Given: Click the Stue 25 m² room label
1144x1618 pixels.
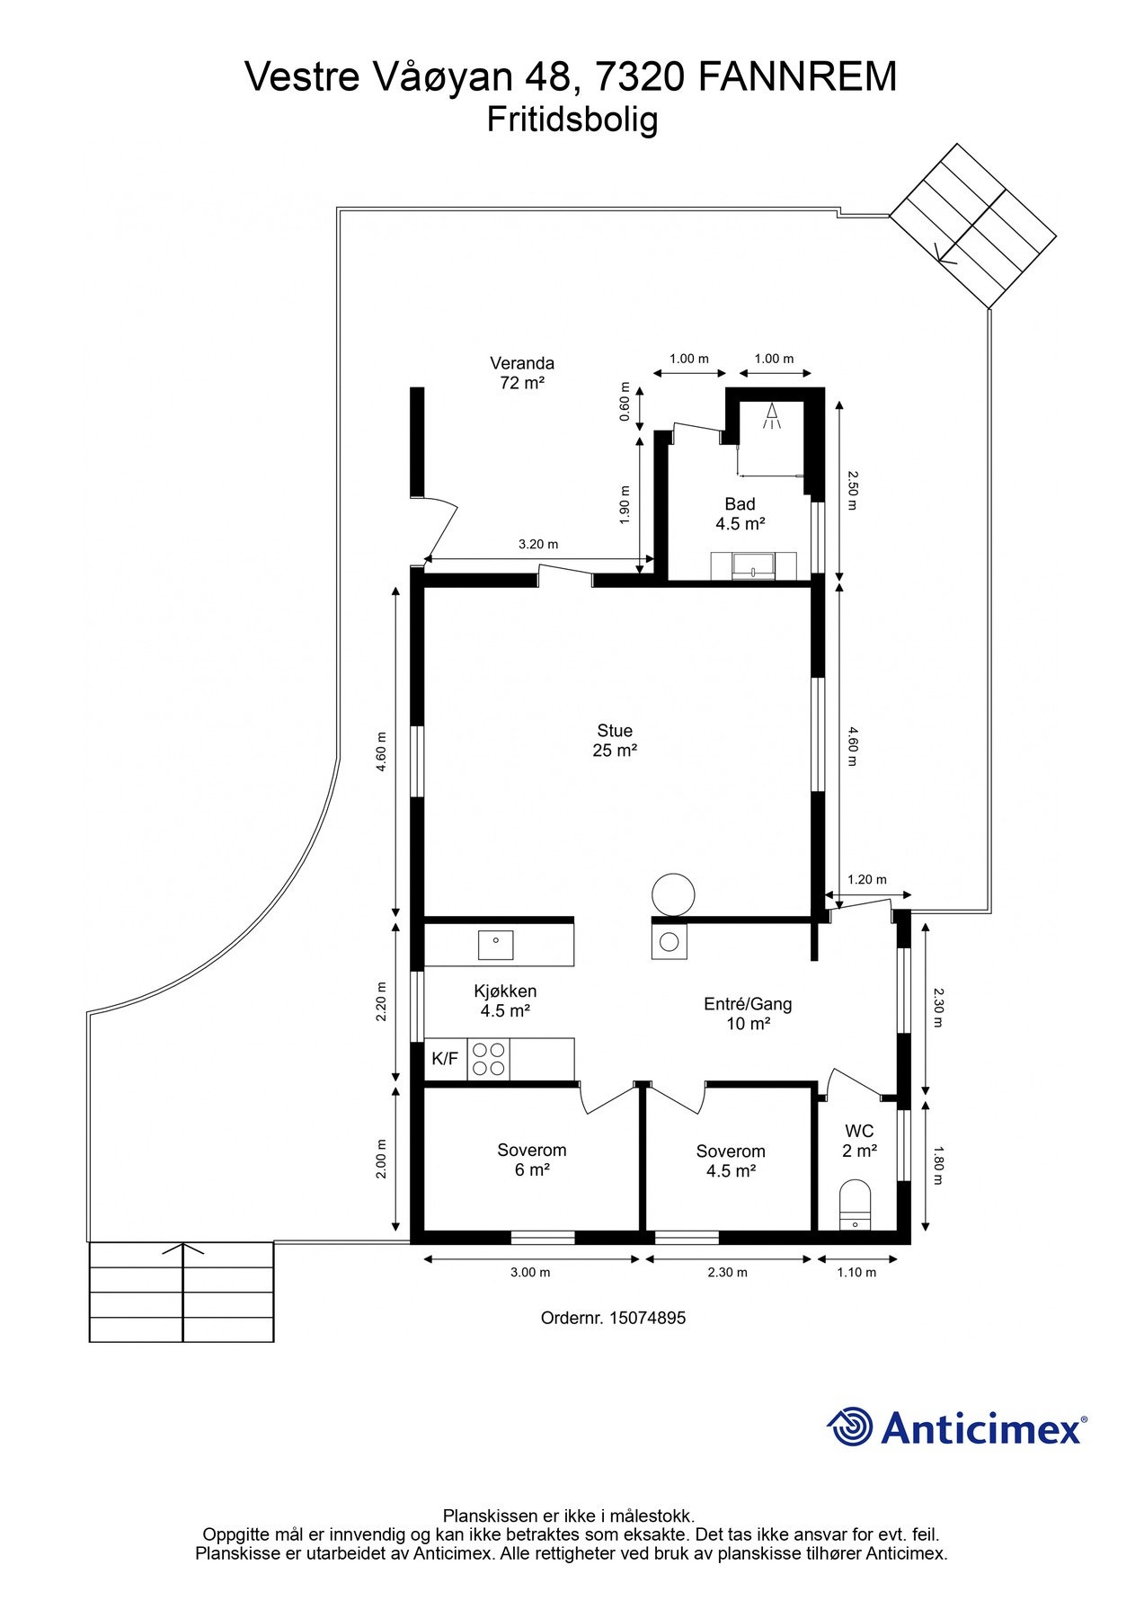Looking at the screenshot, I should (x=614, y=741).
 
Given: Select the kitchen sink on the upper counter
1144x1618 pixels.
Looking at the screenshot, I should (x=495, y=945).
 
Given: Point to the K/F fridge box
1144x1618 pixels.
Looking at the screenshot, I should (x=445, y=1059).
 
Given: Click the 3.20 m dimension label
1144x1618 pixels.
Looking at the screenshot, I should (x=538, y=544).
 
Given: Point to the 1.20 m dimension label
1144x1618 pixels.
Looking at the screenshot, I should (x=867, y=879).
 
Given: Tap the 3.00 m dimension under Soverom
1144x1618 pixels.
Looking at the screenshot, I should (x=530, y=1272).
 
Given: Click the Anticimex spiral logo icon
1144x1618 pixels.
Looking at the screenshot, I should (x=850, y=1427).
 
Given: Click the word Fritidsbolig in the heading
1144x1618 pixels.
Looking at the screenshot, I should (x=572, y=120).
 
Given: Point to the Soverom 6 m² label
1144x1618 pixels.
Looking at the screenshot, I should (x=532, y=1160).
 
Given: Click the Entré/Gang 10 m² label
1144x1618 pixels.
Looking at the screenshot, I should (x=748, y=1014).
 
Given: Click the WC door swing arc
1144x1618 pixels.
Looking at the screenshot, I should (x=854, y=1079).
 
